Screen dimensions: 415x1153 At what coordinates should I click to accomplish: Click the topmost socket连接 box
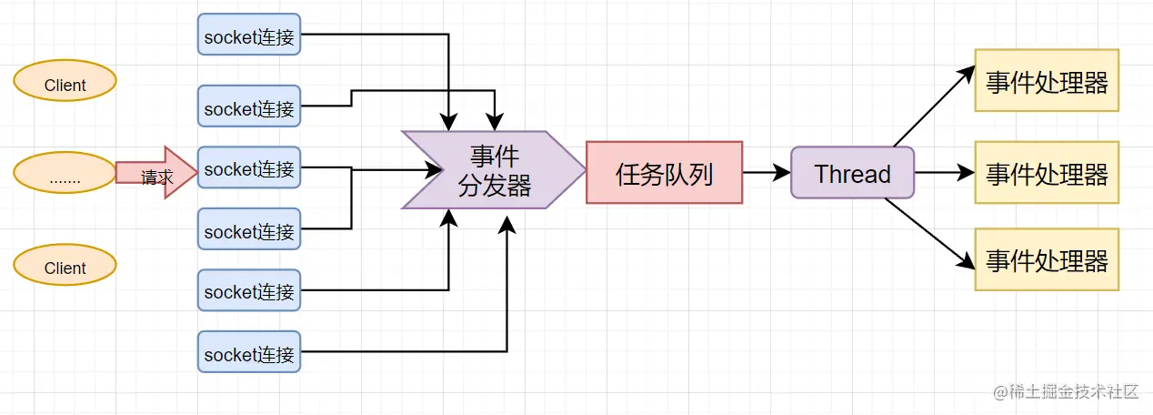[x=249, y=35]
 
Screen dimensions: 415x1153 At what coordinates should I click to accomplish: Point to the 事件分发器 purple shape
[x=489, y=170]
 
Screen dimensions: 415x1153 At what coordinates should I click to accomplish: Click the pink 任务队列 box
[x=664, y=172]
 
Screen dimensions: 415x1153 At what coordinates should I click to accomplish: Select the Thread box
[x=852, y=172]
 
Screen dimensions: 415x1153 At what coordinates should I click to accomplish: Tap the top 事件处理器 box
[x=1047, y=80]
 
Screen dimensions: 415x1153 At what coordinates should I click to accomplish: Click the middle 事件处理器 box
[x=1047, y=172]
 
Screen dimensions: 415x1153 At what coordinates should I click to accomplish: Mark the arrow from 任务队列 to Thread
[x=766, y=172]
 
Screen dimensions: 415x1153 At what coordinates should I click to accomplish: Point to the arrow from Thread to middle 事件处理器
[x=944, y=172]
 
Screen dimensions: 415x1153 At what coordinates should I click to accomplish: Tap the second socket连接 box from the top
[x=249, y=107]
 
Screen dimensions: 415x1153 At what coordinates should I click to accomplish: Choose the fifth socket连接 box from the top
[x=249, y=290]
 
